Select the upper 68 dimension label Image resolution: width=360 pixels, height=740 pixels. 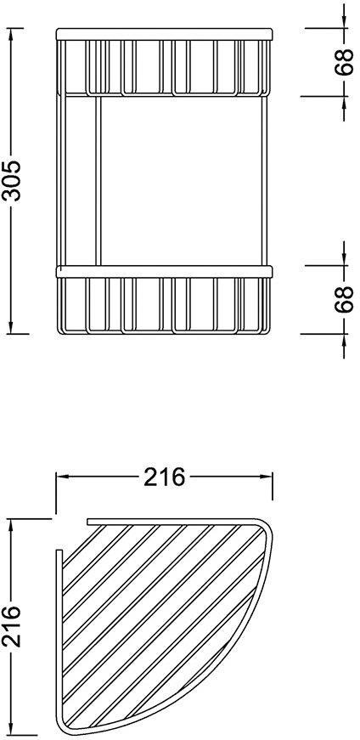pos(344,62)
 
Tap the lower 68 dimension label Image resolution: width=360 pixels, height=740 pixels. pos(344,299)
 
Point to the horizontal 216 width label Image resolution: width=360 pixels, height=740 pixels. pos(164,477)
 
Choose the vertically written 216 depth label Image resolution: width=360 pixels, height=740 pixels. pos(11,626)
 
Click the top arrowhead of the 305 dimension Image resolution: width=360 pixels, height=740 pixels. pos(11,35)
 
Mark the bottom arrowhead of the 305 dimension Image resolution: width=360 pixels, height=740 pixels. pos(11,326)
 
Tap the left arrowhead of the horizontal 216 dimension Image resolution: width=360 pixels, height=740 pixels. pos(63,477)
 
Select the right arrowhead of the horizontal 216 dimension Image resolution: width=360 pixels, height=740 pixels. pos(265,477)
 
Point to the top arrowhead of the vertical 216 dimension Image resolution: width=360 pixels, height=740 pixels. pos(11,526)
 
